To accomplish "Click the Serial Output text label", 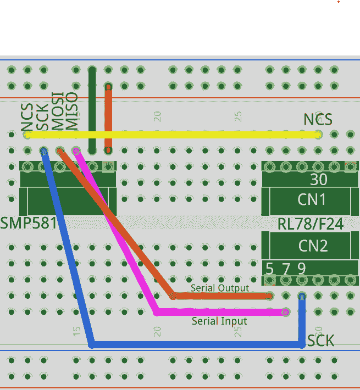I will [220, 288].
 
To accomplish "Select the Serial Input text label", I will [219, 321].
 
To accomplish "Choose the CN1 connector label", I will [312, 199].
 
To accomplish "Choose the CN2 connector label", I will [312, 246].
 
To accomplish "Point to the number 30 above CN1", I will [318, 180].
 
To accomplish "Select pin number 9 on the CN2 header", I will [302, 269].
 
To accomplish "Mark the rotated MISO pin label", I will [72, 112].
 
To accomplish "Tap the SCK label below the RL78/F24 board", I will [320, 341].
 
